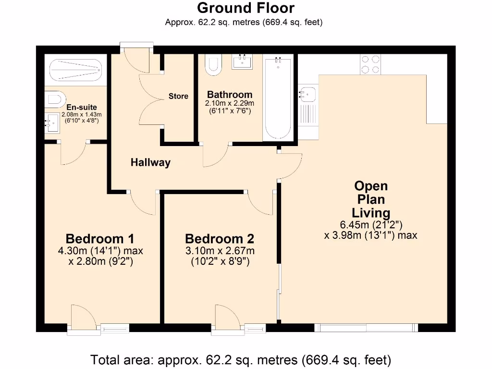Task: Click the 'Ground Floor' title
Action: (246, 8)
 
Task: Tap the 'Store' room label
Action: (178, 96)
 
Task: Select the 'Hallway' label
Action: (150, 162)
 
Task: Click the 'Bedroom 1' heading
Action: (100, 239)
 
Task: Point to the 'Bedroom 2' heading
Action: (220, 239)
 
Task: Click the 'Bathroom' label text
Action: (230, 95)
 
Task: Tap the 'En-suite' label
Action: (82, 107)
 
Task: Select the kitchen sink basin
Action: (308, 94)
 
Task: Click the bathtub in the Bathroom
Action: (278, 98)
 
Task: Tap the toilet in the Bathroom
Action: (213, 65)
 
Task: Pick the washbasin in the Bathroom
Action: (242, 61)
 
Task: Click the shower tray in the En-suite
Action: (76, 70)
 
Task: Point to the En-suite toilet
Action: (55, 99)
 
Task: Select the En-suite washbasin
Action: (52, 123)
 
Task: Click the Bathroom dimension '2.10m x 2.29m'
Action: (230, 103)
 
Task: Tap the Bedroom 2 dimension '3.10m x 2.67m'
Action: (220, 251)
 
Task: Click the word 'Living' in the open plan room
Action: (371, 213)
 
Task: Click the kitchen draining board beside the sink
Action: (308, 114)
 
